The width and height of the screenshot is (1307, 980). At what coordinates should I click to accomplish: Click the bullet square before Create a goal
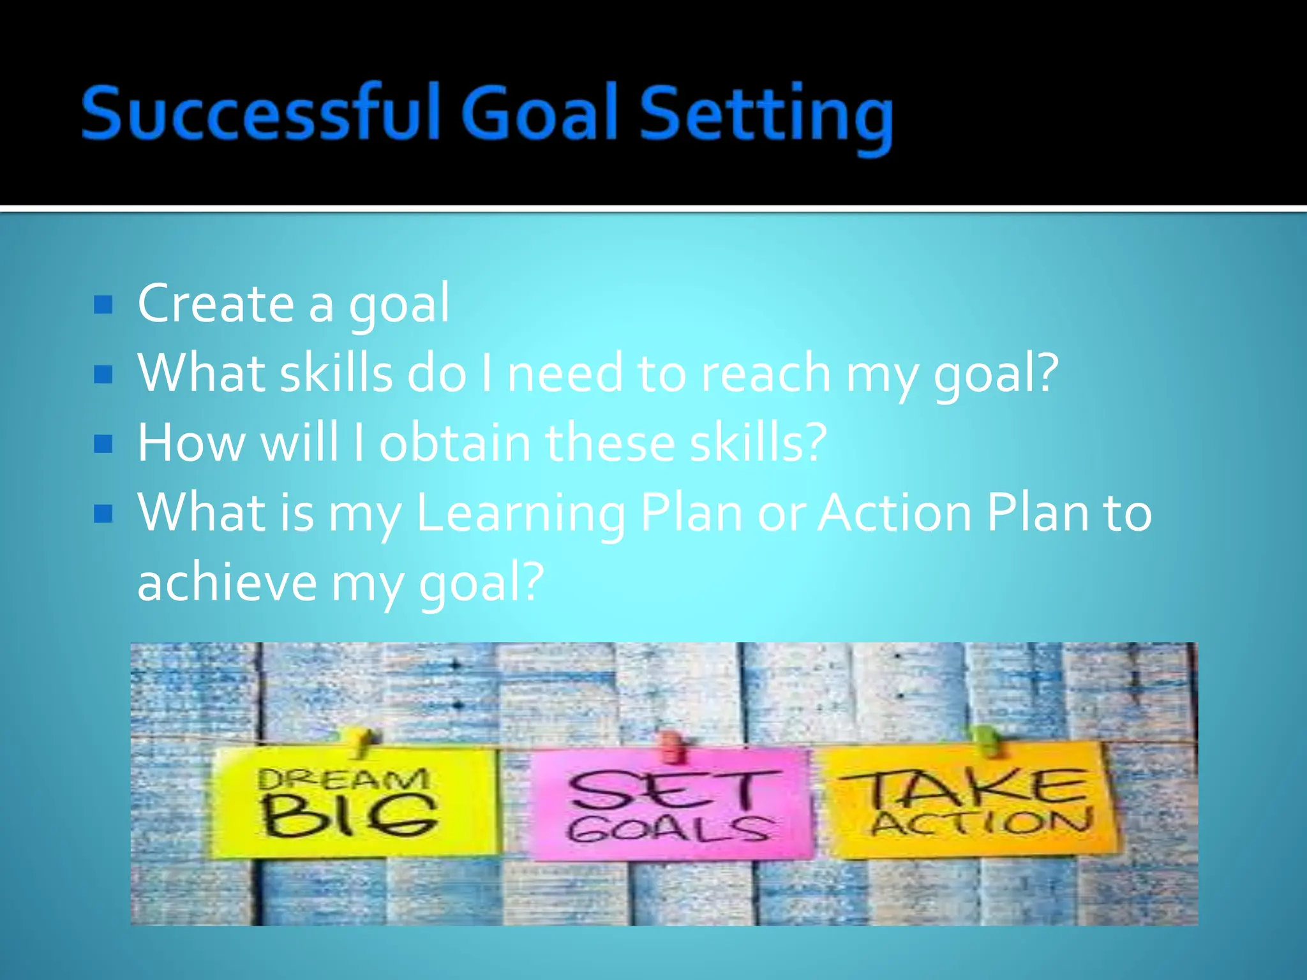click(x=103, y=304)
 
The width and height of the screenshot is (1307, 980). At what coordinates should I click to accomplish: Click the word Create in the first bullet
click(x=215, y=303)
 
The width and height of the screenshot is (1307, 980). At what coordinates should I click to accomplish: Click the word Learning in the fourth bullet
click(x=520, y=514)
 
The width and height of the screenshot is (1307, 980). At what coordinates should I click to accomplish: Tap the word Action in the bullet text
click(x=895, y=513)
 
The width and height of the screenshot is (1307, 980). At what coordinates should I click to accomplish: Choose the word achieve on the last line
click(x=227, y=583)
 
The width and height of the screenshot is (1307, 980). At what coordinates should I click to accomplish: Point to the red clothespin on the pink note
click(x=670, y=745)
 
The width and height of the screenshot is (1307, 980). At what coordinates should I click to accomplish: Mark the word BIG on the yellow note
click(x=348, y=817)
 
